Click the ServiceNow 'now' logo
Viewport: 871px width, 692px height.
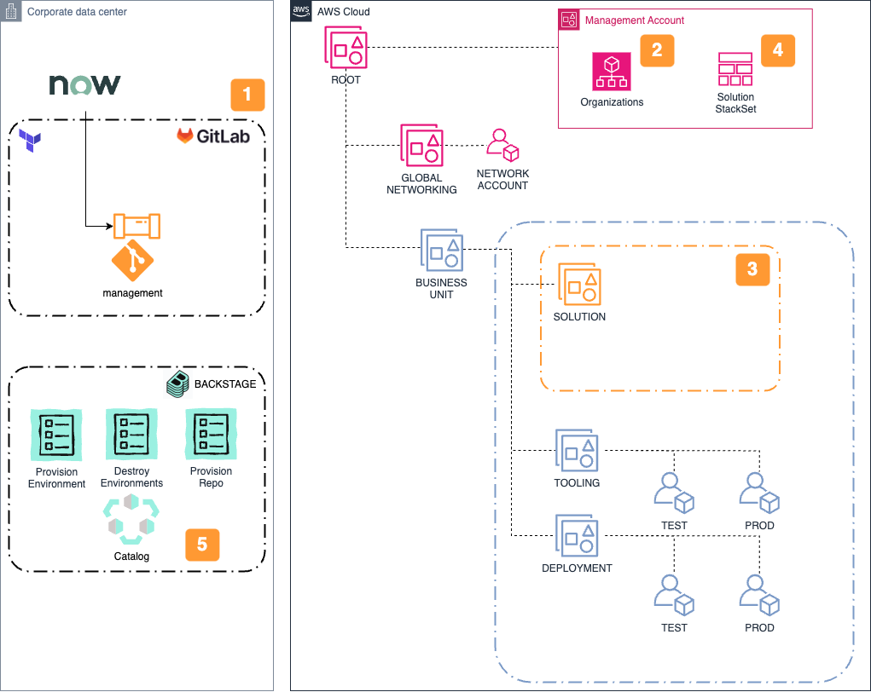[x=84, y=85]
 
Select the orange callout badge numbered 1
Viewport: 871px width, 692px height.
[x=247, y=95]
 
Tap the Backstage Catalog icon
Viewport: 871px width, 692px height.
[x=131, y=519]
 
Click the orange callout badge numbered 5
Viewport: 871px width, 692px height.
[x=202, y=545]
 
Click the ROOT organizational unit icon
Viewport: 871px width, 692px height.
[x=345, y=47]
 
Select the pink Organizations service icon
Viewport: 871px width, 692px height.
[x=611, y=71]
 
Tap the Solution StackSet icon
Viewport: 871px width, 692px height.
[x=735, y=69]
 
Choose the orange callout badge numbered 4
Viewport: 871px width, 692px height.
[x=777, y=50]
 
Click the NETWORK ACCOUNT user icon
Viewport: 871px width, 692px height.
[x=502, y=145]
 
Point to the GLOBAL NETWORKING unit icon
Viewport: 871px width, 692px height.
[x=421, y=145]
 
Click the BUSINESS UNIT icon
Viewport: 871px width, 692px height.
[x=441, y=251]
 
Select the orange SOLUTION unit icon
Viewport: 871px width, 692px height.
[x=579, y=284]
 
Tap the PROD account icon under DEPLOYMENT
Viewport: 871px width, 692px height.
[x=759, y=595]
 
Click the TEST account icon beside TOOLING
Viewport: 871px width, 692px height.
[x=674, y=493]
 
